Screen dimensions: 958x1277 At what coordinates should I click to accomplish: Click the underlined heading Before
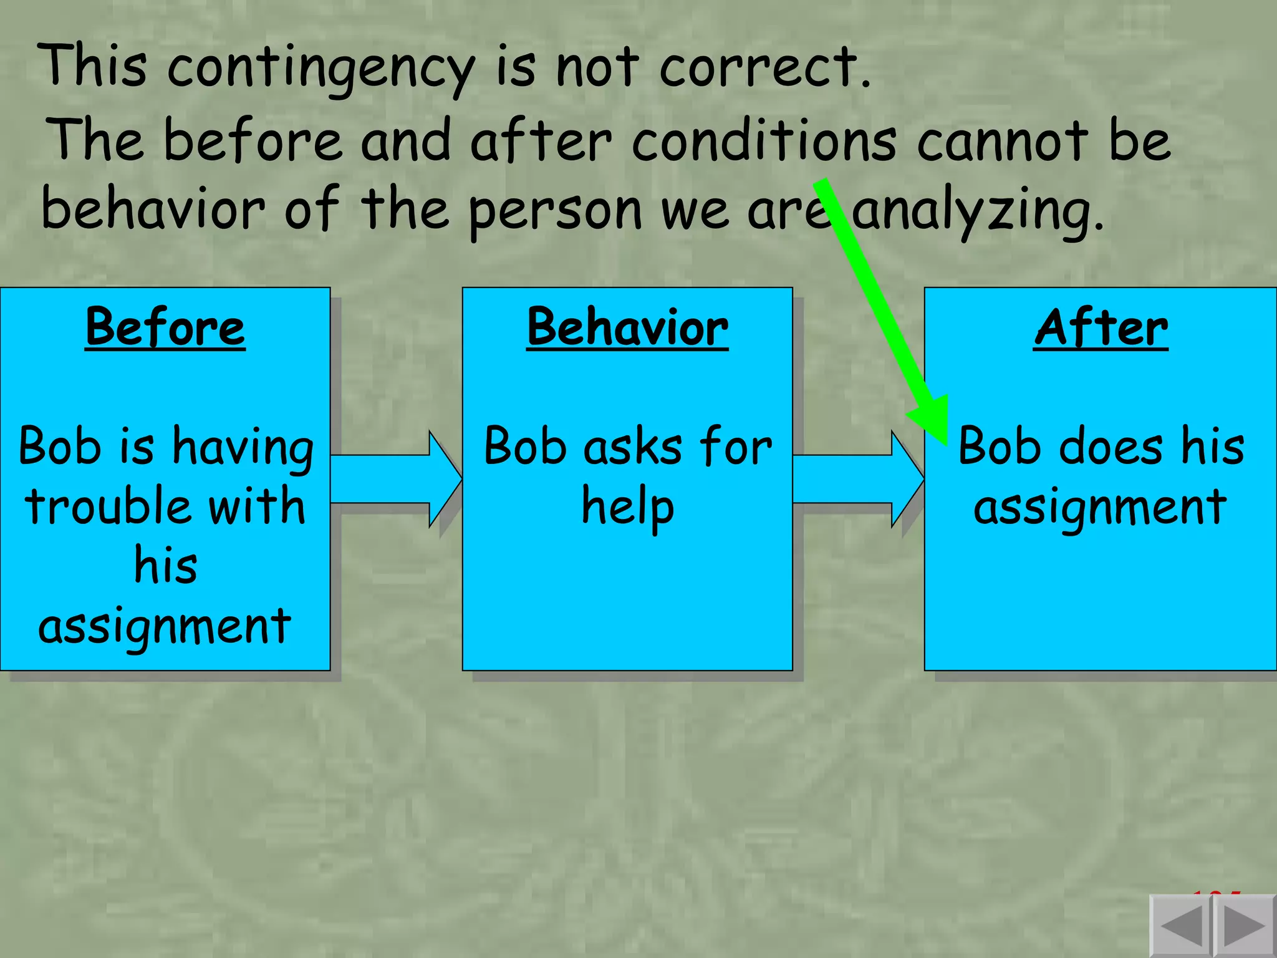pos(165,327)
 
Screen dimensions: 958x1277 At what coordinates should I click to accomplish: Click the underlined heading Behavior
pos(627,327)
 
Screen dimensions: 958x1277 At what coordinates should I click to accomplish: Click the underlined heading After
pos(1101,327)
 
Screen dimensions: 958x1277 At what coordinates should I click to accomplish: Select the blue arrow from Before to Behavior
pos(396,479)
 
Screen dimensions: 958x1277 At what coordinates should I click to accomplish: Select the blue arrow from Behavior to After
pos(858,479)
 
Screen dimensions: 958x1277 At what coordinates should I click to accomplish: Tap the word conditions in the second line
pos(764,140)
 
